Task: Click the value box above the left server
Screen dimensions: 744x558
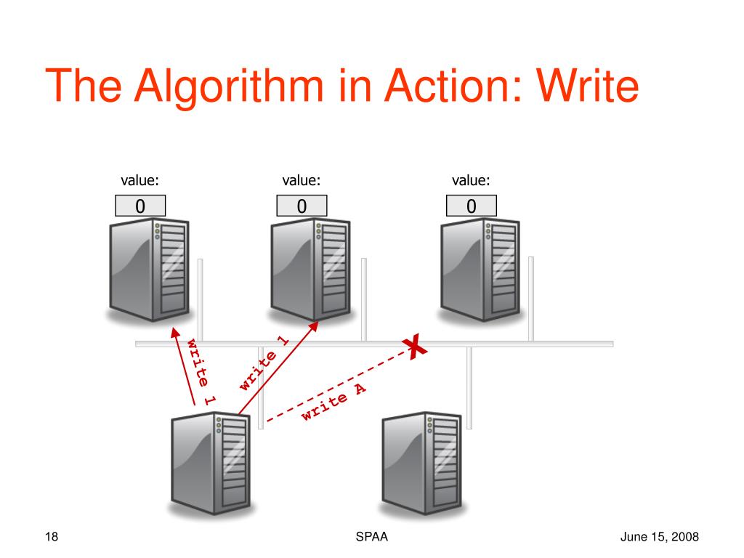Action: coord(141,206)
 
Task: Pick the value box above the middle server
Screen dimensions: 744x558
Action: coord(302,206)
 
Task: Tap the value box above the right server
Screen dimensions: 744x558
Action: coord(472,206)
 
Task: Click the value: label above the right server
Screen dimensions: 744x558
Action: coord(471,181)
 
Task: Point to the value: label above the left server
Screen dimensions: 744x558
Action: coord(140,181)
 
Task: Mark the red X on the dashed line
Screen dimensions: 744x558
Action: coord(415,347)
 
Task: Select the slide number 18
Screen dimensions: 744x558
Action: coord(51,537)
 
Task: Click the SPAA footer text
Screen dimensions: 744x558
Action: coord(371,537)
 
